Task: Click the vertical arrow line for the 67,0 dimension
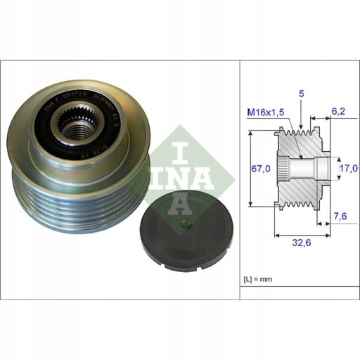point(251,169)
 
